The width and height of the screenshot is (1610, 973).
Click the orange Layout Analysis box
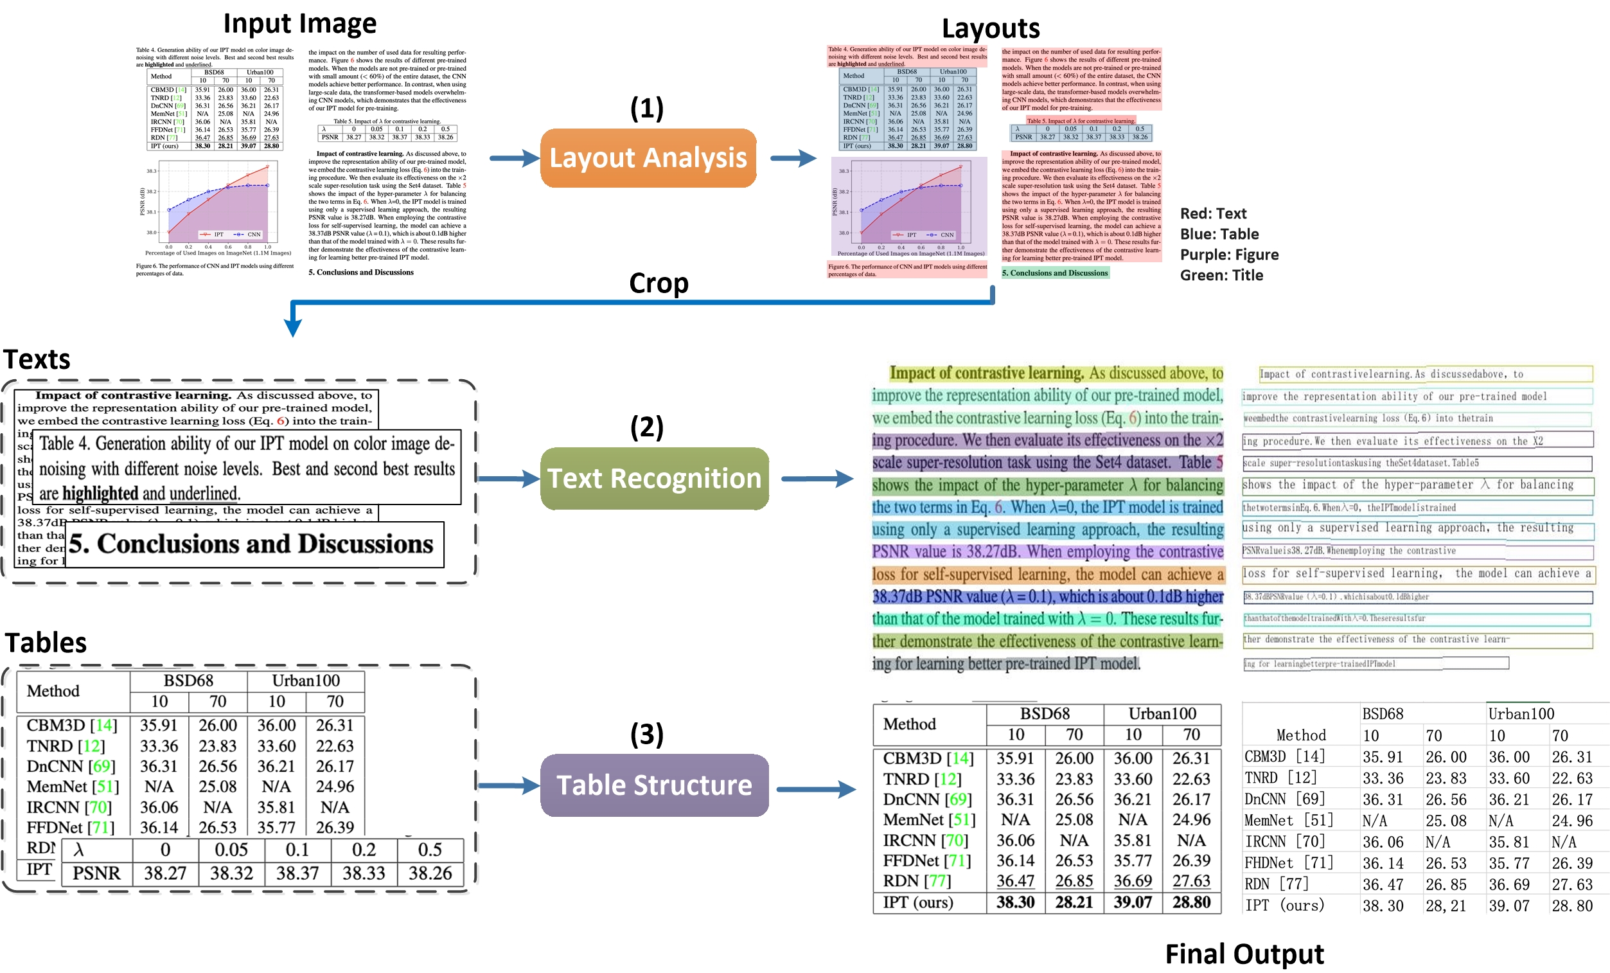648,158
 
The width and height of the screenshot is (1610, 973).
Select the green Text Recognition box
654,478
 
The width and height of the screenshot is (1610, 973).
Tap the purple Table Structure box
654,785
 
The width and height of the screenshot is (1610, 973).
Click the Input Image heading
300,24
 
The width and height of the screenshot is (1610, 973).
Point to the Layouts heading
990,29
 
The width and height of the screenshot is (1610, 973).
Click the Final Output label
1244,954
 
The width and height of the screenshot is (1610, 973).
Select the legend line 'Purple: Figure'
1229,255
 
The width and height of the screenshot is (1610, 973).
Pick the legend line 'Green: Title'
1221,275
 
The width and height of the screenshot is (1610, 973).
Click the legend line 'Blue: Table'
1219,234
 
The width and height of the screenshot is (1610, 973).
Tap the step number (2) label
646,427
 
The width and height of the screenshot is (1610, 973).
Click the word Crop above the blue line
659,283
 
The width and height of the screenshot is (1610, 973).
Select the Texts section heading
37,359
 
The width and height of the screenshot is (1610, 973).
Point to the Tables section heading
46,643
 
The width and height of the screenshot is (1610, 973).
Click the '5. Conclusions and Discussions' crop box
254,544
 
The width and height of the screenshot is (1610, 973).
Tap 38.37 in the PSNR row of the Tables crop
297,873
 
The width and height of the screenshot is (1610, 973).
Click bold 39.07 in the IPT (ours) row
1133,902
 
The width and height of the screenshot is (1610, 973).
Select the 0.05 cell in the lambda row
231,850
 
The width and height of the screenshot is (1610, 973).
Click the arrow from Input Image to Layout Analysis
513,158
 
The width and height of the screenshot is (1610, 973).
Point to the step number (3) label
646,734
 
